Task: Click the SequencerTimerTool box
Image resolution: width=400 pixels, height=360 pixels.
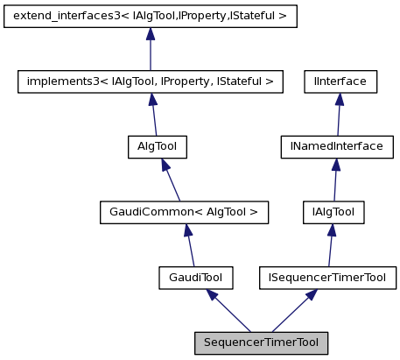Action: pyautogui.click(x=261, y=342)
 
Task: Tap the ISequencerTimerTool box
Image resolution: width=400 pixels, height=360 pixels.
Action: pyautogui.click(x=327, y=278)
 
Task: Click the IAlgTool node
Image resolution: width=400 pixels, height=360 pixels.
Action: pyautogui.click(x=333, y=212)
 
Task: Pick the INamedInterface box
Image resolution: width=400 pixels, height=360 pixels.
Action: pyautogui.click(x=336, y=146)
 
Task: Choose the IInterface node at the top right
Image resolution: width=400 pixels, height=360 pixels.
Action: pyautogui.click(x=340, y=81)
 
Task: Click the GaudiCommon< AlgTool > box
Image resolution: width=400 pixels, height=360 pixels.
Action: pyautogui.click(x=184, y=212)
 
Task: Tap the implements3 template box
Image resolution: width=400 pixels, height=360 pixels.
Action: pyautogui.click(x=151, y=81)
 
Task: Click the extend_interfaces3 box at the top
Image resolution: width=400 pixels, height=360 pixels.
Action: pyautogui.click(x=151, y=16)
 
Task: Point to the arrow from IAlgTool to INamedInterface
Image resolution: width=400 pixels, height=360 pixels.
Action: pyautogui.click(x=334, y=180)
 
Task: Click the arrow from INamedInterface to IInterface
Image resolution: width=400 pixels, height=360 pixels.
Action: pyautogui.click(x=338, y=114)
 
